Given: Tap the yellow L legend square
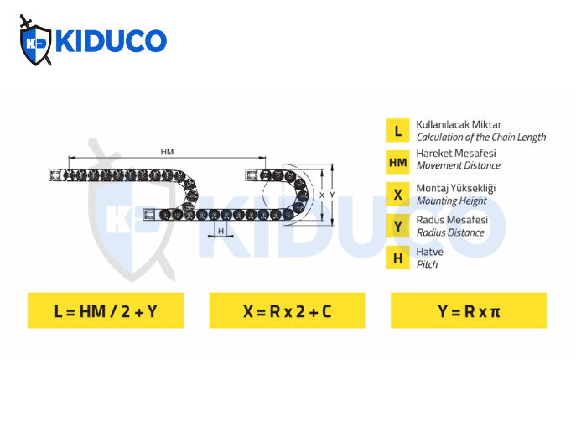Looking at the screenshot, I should [x=397, y=131].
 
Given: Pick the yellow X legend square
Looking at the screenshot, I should [x=397, y=194].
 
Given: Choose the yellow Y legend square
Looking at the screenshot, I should [x=397, y=226].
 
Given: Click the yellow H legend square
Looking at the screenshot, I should [x=397, y=258].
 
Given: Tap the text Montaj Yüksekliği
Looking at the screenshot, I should [x=455, y=188].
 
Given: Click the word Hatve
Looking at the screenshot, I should [x=430, y=251].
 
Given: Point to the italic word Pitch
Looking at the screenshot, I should [x=427, y=264].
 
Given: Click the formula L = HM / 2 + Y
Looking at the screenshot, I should [x=106, y=311].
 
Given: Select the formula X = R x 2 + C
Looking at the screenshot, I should [x=287, y=311].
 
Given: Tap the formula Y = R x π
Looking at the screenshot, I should [x=468, y=311].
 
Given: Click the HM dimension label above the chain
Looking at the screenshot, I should [x=167, y=151].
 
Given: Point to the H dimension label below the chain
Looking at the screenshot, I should [x=221, y=231].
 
